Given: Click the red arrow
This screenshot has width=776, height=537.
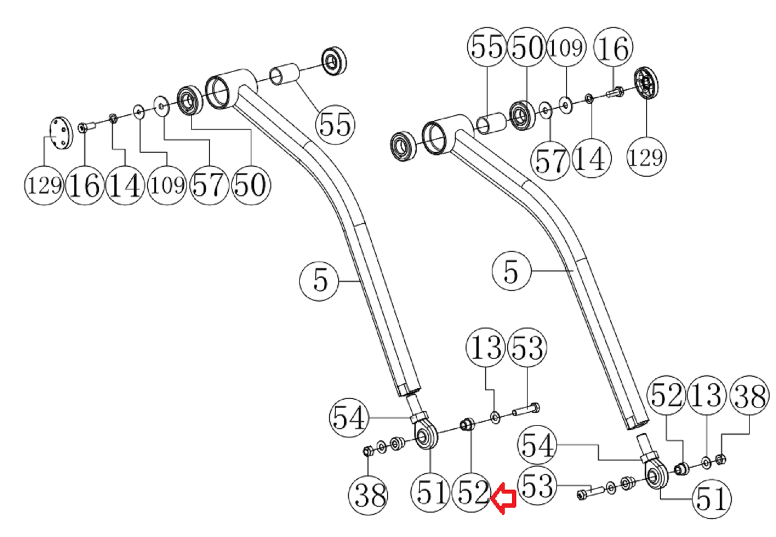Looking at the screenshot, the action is (504, 498).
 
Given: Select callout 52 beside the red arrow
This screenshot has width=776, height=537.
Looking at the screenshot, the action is (472, 492).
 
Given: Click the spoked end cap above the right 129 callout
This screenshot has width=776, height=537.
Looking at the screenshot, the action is (646, 83).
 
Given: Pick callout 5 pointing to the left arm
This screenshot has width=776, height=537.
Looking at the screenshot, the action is (319, 281).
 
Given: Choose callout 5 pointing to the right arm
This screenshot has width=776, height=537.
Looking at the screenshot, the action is (511, 271).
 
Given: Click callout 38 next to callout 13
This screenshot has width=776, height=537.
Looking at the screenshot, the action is (750, 395).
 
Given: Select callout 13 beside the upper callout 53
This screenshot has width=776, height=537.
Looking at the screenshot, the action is (486, 348).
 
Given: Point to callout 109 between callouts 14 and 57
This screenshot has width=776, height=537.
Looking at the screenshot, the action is (167, 185).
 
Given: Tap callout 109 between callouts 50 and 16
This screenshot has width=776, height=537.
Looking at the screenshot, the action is (566, 47).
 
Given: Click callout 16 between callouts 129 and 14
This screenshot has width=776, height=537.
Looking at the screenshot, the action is (85, 186).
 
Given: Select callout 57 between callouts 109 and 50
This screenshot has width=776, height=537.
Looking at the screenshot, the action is (209, 185).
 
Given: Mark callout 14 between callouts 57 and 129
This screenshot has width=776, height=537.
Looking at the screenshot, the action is (591, 159).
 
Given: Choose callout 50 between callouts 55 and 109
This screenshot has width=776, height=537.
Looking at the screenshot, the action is (527, 47).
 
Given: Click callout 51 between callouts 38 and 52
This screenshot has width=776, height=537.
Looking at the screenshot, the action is (430, 492).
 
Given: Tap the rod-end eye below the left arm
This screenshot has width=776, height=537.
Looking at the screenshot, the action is (425, 436).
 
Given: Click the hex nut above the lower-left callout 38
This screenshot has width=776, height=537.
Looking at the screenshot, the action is (369, 450).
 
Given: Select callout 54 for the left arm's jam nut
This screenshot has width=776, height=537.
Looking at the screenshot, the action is (348, 418).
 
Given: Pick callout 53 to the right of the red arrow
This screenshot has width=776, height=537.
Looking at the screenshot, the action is (537, 486).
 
